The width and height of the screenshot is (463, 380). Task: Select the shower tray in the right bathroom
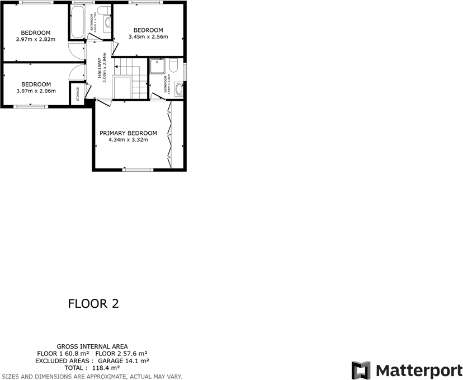coord(158,66)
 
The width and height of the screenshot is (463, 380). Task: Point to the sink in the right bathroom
coord(178,88)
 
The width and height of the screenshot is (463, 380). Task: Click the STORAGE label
coord(78,93)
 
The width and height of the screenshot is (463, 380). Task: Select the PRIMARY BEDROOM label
coord(128,133)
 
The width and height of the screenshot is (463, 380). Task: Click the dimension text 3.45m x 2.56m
coord(148,37)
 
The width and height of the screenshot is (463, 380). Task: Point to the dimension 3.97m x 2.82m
coord(36,39)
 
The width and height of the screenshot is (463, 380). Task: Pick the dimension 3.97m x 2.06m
coord(36,91)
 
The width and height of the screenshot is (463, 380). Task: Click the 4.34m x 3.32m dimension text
coord(128,139)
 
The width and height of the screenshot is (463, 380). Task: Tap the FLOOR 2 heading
coord(93,304)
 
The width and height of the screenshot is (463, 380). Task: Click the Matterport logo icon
coord(361,370)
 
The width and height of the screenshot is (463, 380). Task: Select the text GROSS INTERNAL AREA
coord(92,346)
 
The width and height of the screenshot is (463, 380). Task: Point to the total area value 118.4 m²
coord(106,368)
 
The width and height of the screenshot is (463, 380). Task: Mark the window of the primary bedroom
coord(138,169)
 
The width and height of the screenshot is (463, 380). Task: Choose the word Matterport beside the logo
coord(419,370)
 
